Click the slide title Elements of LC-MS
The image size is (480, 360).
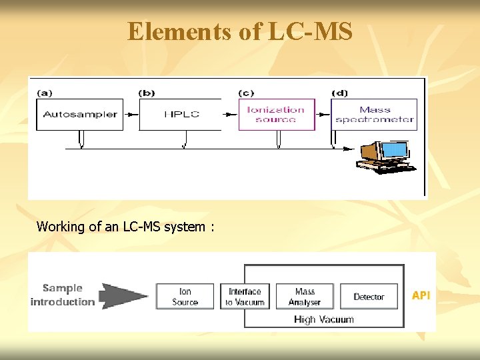click(240, 31)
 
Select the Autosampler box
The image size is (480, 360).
click(79, 114)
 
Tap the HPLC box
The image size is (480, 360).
click(182, 114)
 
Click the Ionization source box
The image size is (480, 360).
click(276, 114)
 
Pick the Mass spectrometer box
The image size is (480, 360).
click(374, 114)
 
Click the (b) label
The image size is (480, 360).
click(148, 92)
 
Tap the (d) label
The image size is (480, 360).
click(341, 92)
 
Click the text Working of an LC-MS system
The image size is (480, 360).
click(125, 227)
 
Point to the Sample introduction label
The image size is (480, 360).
click(63, 295)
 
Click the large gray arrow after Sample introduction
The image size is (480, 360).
click(125, 295)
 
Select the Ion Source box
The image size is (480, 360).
click(185, 297)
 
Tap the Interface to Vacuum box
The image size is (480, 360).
click(245, 297)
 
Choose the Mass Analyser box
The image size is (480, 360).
click(305, 297)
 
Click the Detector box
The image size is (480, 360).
click(369, 297)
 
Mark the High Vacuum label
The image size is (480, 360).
click(323, 319)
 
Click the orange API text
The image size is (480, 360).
click(421, 295)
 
